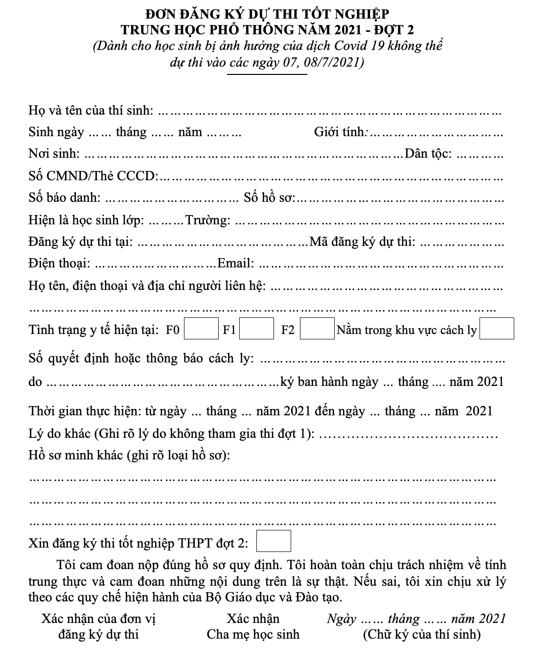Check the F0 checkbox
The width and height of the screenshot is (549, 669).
[201, 329]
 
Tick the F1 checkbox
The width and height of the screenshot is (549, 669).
[256, 329]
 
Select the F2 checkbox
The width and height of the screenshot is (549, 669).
[317, 329]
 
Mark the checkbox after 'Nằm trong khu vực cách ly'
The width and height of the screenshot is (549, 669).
[497, 329]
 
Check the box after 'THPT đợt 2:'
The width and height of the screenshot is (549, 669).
[274, 541]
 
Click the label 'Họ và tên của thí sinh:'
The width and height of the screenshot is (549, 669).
[91, 110]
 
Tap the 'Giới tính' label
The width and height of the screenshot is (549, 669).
[339, 132]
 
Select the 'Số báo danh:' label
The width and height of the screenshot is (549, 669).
[65, 198]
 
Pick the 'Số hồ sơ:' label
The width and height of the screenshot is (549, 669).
[270, 198]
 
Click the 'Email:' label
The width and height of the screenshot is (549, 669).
[235, 263]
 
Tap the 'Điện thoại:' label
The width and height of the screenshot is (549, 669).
[59, 263]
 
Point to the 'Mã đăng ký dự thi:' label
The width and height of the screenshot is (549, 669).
[363, 241]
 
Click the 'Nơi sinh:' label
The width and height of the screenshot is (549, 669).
[54, 154]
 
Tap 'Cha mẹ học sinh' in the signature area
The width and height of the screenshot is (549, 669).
[253, 635]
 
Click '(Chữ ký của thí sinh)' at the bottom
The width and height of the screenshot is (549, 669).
[421, 635]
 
